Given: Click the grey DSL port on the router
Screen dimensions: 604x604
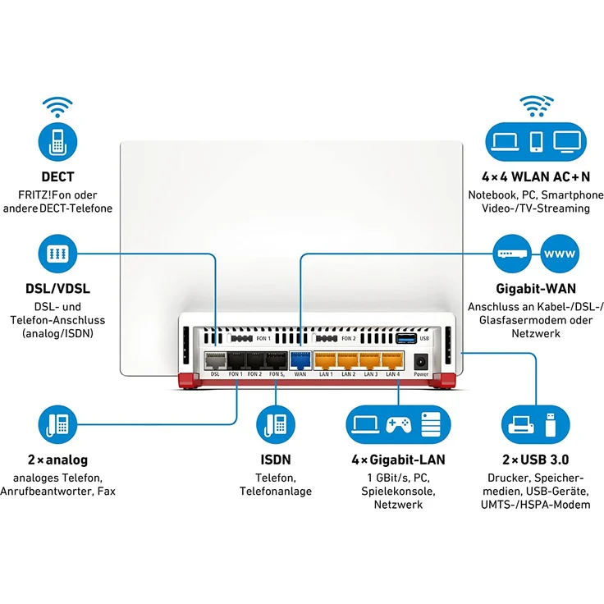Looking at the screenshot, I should pyautogui.click(x=215, y=359).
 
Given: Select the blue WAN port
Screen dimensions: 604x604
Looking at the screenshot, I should pyautogui.click(x=300, y=359).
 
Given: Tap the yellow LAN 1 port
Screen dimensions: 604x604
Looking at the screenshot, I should pyautogui.click(x=326, y=359).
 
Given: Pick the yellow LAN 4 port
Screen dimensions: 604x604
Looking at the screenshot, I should pyautogui.click(x=393, y=359).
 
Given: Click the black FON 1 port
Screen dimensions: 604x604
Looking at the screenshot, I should pyautogui.click(x=236, y=359).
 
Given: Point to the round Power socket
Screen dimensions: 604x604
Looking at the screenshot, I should pyautogui.click(x=421, y=360).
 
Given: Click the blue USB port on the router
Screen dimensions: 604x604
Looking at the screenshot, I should pyautogui.click(x=405, y=337).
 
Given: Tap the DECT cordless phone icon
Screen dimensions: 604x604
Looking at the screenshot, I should pyautogui.click(x=57, y=140).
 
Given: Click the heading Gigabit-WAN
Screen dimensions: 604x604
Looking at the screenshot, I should pyautogui.click(x=535, y=289).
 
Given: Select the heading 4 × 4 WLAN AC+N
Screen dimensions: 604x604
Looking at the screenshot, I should pyautogui.click(x=535, y=176).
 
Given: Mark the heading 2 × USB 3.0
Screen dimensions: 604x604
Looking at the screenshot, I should pyautogui.click(x=534, y=460).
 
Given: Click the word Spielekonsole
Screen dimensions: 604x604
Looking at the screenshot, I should pyautogui.click(x=398, y=491).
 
